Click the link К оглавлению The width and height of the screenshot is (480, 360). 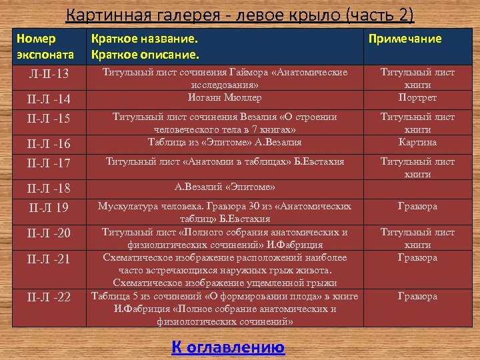(228, 347)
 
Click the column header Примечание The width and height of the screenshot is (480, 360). (405, 39)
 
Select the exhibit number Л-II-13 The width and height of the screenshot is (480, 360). (49, 72)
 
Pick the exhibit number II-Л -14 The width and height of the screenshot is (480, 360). (49, 100)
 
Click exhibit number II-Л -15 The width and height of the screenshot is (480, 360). (49, 118)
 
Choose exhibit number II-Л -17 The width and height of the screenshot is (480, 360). (49, 162)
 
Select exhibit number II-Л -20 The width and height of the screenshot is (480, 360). (49, 233)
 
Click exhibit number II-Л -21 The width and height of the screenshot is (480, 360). (49, 259)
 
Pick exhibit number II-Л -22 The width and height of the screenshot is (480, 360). (49, 297)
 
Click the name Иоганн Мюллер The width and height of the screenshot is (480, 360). (225, 97)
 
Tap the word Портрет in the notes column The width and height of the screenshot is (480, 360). (417, 97)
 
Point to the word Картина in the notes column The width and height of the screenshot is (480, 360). (417, 142)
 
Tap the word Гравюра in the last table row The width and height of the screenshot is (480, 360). (417, 296)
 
